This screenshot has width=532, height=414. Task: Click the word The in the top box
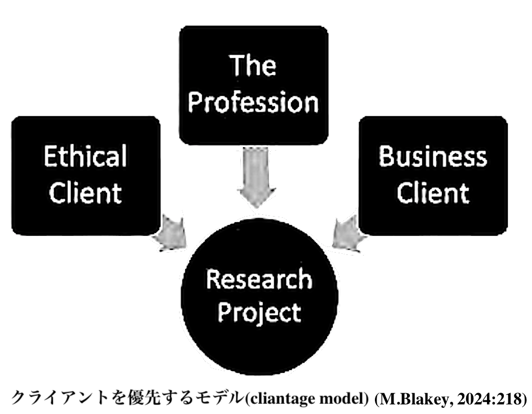point(253,66)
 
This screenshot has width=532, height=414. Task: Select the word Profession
point(253,103)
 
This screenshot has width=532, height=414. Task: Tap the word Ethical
point(85,156)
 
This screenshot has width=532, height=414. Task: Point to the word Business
point(432,156)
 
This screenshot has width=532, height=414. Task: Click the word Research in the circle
point(259,279)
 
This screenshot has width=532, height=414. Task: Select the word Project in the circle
point(259,312)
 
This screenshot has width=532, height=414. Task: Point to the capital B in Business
point(386,156)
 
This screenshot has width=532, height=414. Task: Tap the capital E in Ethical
point(50,156)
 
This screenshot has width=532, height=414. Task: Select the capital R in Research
point(212,279)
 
